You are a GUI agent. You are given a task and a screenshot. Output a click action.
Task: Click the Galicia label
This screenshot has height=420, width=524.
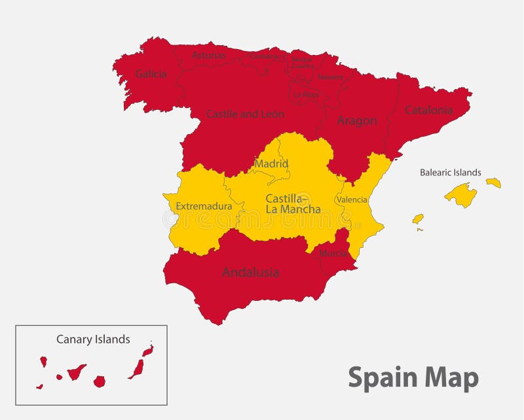pos(151,74)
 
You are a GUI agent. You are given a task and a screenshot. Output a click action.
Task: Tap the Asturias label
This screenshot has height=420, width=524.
pos(208,56)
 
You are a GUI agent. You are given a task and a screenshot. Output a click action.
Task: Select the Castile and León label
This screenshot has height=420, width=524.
pos(245,114)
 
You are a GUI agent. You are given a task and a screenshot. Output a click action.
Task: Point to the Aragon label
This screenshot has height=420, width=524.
pos(356,120)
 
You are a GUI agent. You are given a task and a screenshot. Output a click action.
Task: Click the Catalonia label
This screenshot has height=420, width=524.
pos(428,110)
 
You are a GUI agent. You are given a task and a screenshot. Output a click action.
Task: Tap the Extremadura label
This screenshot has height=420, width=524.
pos(204,206)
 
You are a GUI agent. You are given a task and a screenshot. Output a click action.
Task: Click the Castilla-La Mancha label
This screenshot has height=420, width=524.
pos(293,203)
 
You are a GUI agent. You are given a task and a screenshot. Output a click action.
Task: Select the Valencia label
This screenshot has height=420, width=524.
pos(352,200)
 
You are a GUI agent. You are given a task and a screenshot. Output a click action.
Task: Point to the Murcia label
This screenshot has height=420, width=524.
pos(333,253)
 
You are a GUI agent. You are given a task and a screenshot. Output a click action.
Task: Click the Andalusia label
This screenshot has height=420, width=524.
pos(250,271)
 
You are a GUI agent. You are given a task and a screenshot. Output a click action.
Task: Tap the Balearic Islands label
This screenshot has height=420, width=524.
pos(450,173)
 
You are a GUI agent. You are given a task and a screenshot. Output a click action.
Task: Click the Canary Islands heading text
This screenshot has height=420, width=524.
pos(93,339)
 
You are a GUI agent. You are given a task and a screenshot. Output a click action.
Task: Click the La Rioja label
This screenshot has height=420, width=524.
pos(306,94)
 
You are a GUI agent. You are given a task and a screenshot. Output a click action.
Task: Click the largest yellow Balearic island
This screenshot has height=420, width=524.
pos(461,194)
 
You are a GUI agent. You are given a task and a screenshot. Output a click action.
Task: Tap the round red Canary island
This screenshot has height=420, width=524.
pos(100,381)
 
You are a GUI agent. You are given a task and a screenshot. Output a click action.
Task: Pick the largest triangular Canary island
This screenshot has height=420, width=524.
pos(77,372)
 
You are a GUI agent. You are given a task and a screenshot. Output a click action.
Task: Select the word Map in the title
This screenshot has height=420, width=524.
pos(451,377)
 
